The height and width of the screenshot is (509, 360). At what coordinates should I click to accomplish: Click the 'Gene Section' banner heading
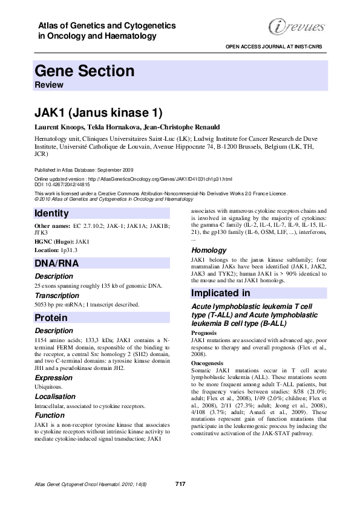[85, 71]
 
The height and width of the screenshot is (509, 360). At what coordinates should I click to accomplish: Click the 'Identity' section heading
[52, 213]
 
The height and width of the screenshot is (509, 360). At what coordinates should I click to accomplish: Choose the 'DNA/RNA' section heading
[57, 263]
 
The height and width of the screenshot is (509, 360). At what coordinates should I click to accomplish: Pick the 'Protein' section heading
[51, 317]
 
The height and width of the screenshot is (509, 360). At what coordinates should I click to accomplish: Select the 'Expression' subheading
[54, 377]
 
